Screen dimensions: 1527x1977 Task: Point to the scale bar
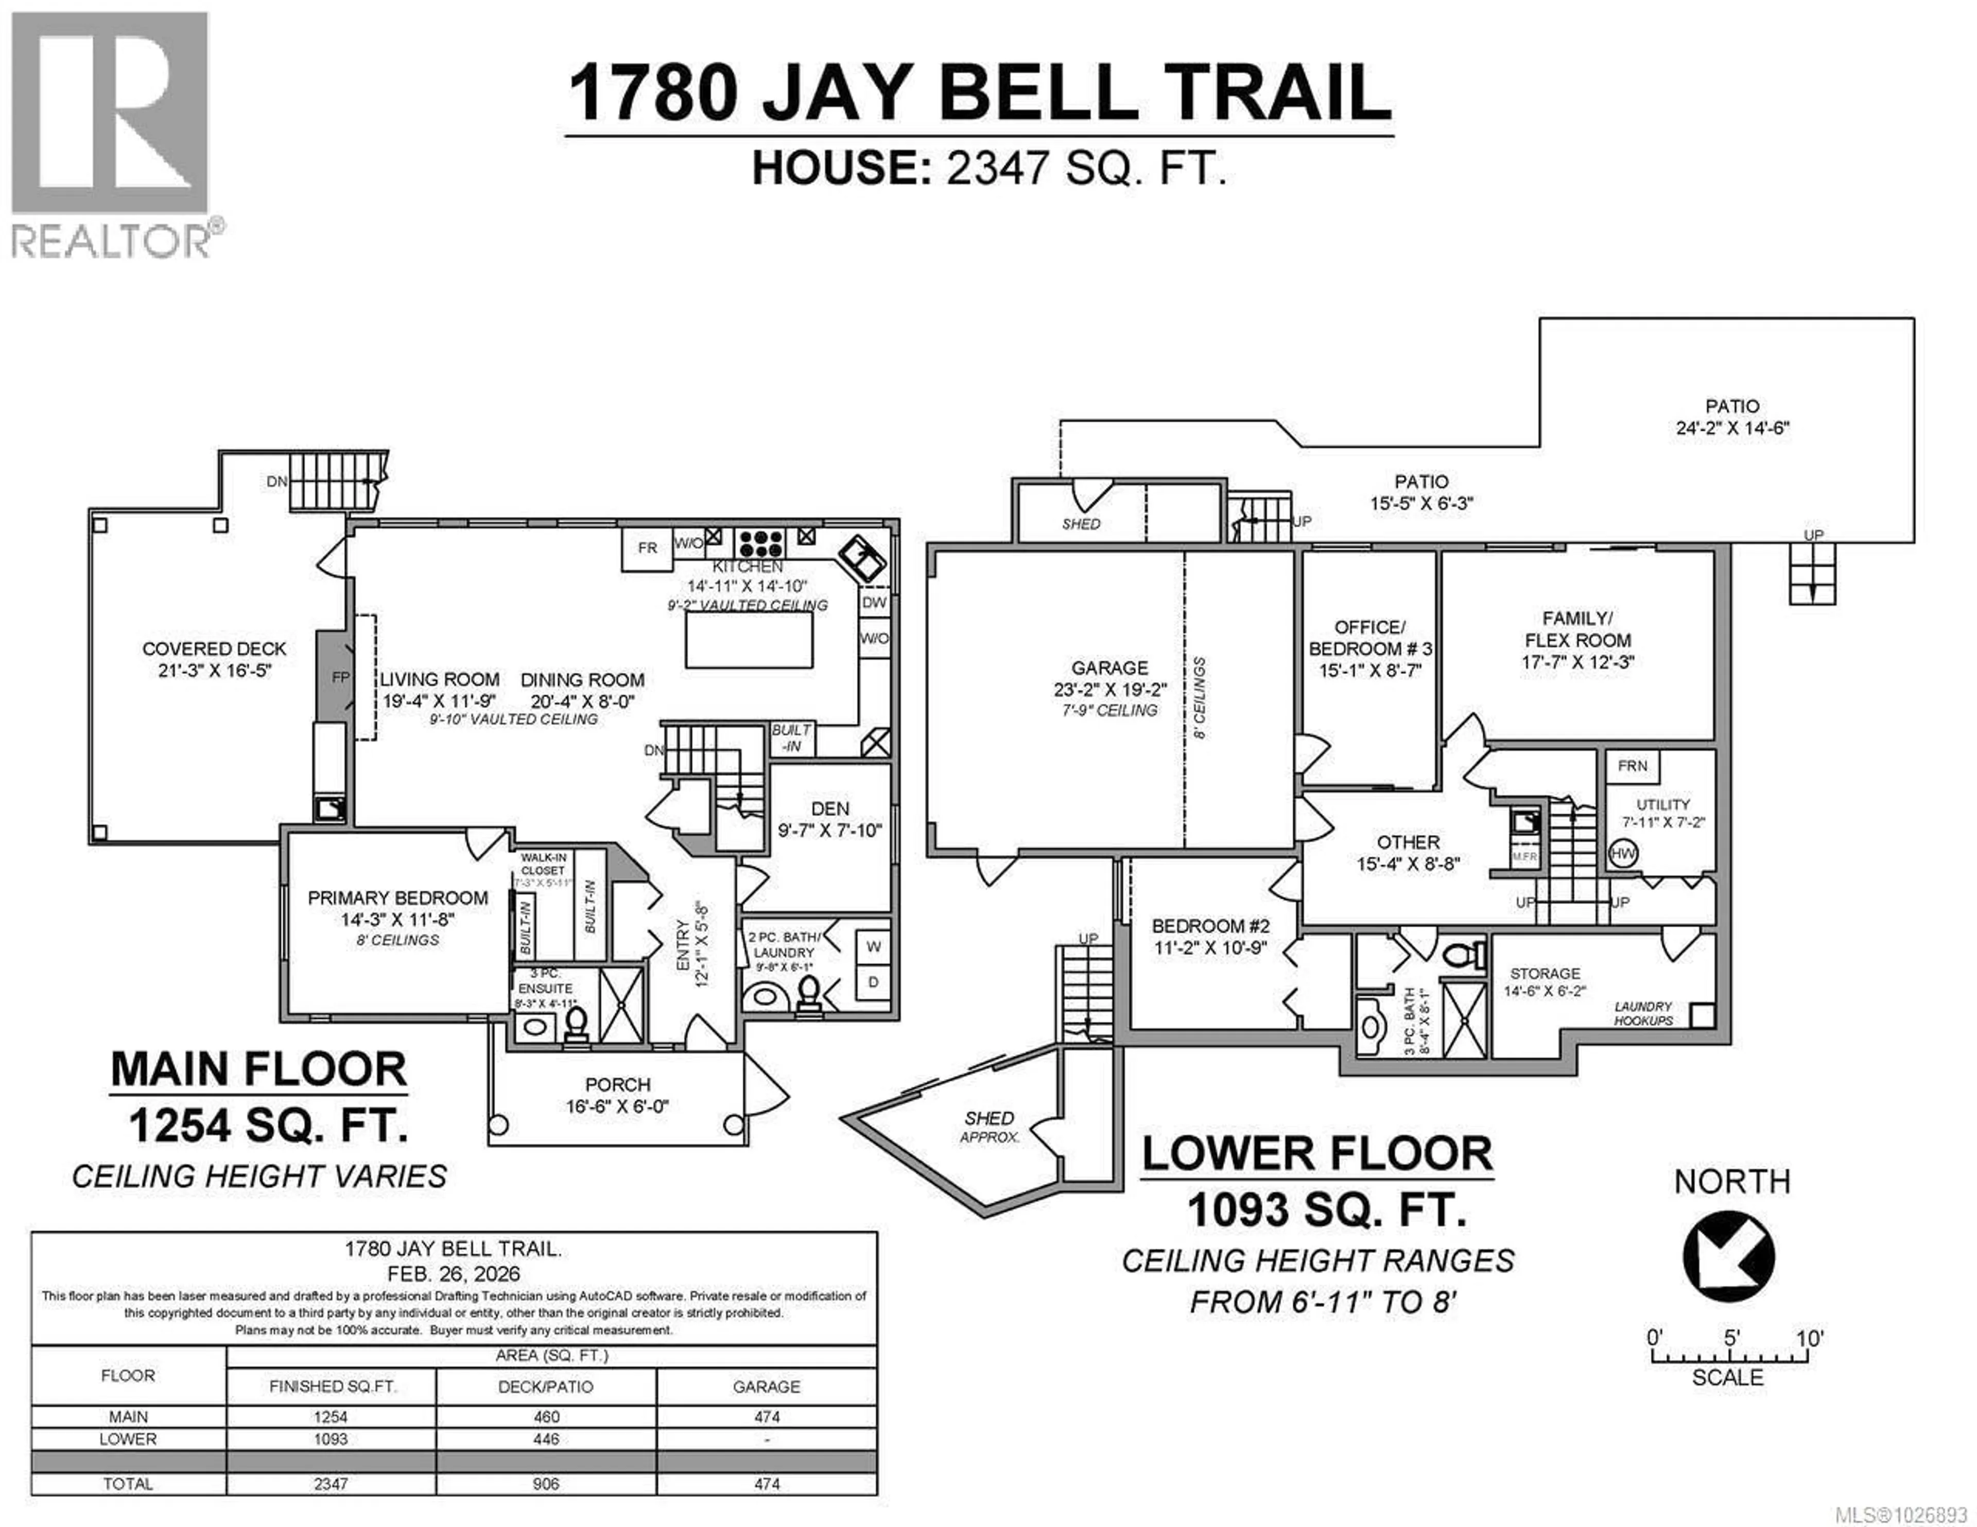[x=1729, y=1358]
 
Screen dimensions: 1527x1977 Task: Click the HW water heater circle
[x=1622, y=853]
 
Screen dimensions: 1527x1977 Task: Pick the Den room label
[x=829, y=809]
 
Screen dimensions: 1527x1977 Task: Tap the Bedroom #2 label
[x=1210, y=926]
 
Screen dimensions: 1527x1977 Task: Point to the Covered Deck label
[x=215, y=649]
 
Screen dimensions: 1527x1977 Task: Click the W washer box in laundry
[x=874, y=947]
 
